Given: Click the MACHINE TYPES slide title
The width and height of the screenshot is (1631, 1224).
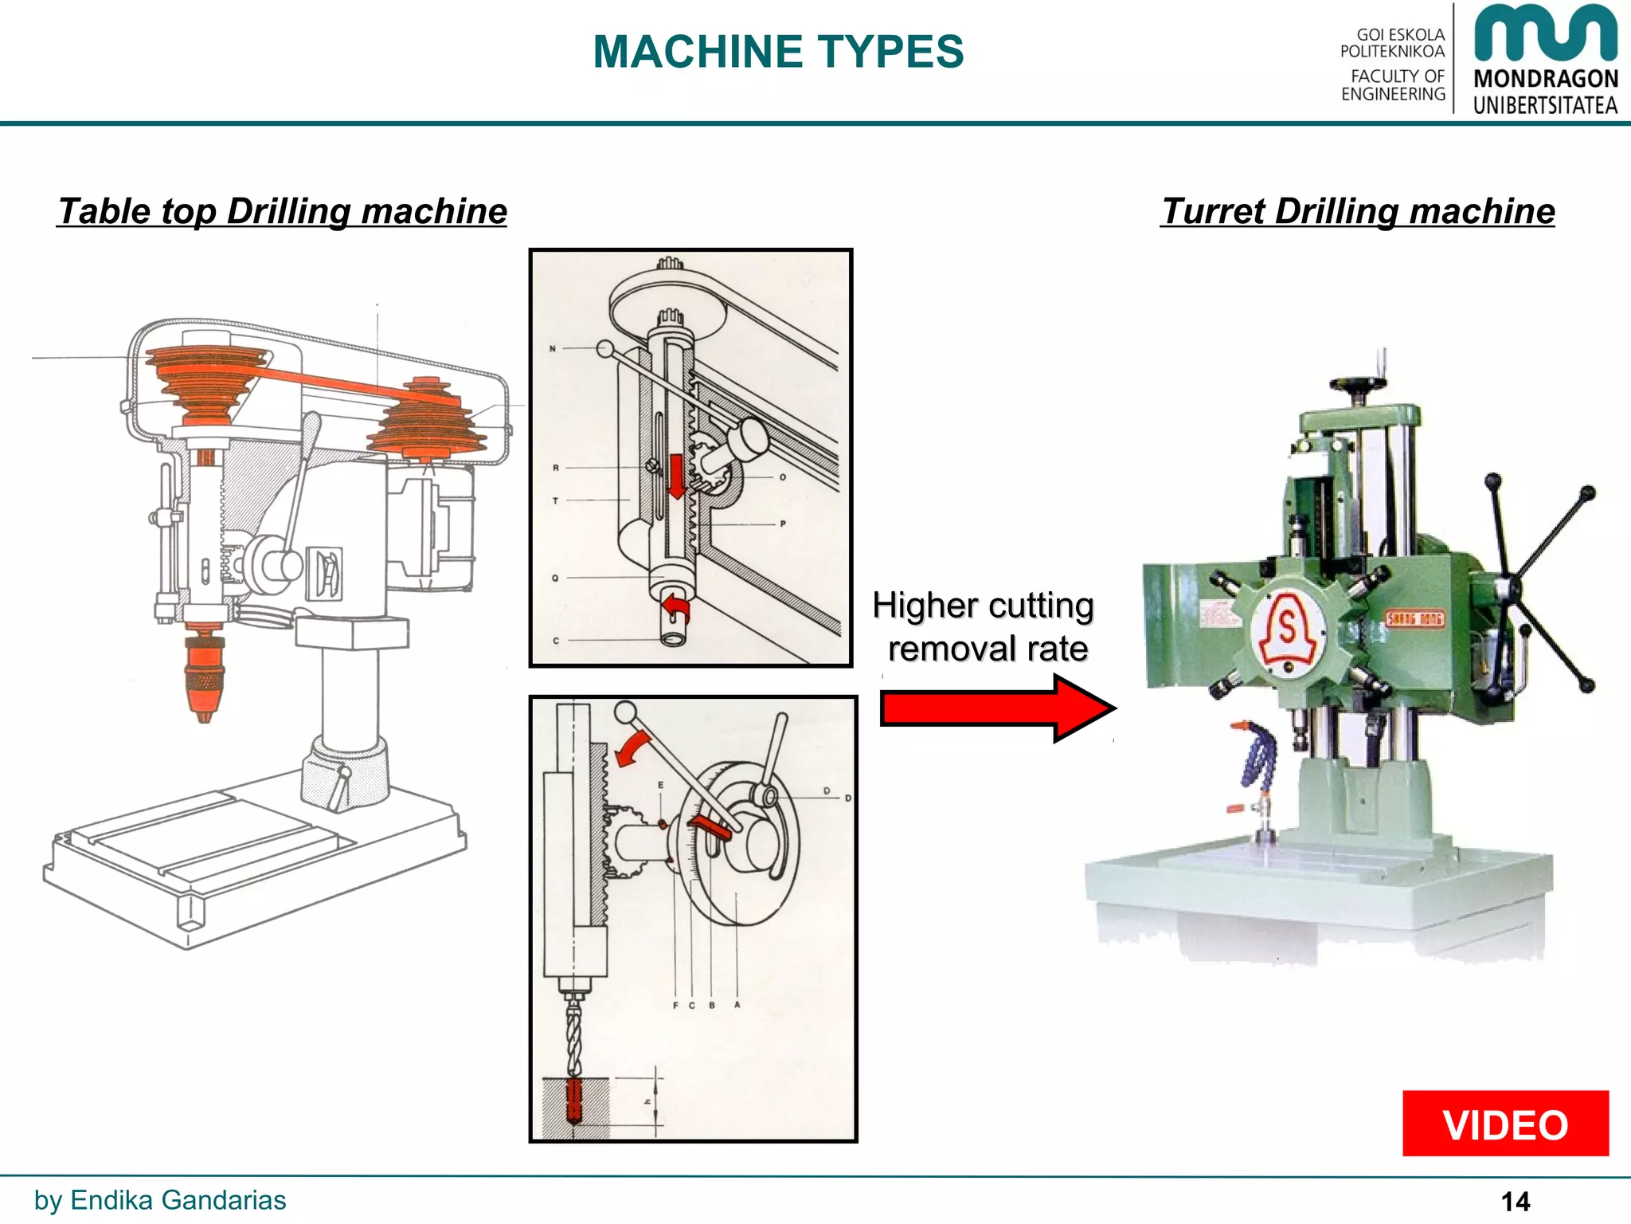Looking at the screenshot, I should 778,52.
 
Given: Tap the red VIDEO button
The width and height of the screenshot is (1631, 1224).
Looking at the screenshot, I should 1505,1124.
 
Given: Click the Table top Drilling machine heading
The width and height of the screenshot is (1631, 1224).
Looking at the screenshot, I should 283,212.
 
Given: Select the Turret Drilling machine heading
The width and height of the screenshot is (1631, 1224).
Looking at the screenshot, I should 1358,212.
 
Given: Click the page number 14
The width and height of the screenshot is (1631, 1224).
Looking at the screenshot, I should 1515,1201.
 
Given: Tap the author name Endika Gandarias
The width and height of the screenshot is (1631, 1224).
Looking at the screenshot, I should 178,1200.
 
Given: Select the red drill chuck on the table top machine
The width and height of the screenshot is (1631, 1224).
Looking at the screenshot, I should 205,673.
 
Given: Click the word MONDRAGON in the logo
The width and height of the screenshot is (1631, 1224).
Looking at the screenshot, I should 1545,79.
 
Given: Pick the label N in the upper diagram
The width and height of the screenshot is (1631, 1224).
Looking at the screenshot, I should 553,349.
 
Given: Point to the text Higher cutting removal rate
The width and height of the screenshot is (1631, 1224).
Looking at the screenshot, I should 984,627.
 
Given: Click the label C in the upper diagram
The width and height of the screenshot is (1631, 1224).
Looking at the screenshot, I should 556,641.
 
